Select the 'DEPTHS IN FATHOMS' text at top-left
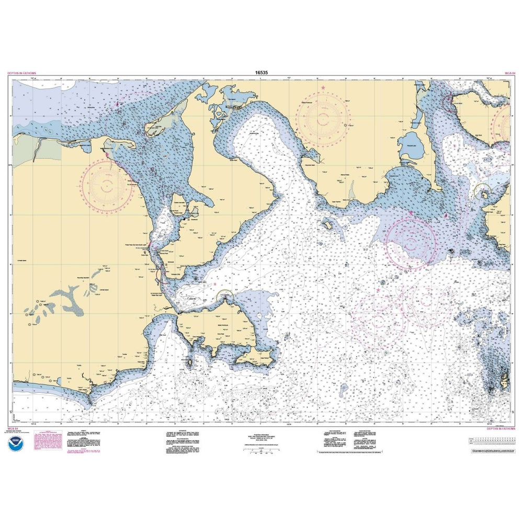tap(24, 74)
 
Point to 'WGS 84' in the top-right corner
tap(509, 74)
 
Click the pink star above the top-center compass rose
tap(323, 87)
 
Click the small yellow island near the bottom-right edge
tap(504, 377)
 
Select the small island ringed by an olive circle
tap(484, 194)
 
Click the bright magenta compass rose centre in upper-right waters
tap(411, 242)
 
